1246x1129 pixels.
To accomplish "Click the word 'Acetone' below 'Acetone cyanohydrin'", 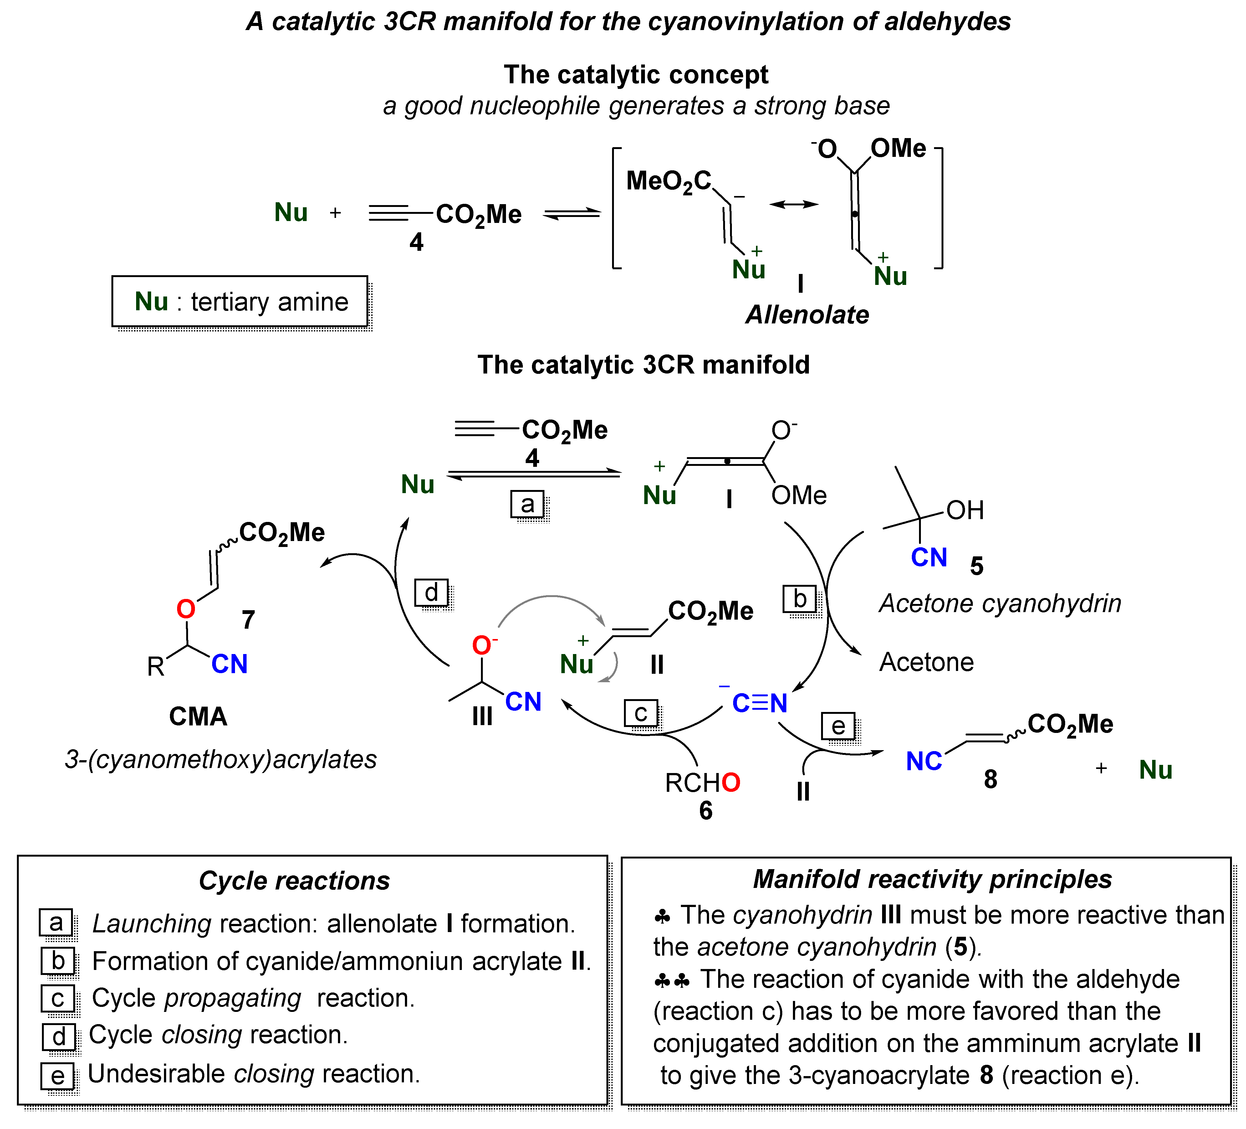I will click(926, 662).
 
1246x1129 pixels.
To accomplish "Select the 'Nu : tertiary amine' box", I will click(240, 302).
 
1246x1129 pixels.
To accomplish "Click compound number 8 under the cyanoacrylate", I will click(990, 779).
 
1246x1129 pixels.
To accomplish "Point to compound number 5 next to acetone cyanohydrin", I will click(977, 566).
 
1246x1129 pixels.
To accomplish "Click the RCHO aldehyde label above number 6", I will click(702, 783).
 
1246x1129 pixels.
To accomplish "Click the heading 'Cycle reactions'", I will click(294, 880).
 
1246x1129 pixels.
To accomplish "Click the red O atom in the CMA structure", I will click(186, 609).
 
